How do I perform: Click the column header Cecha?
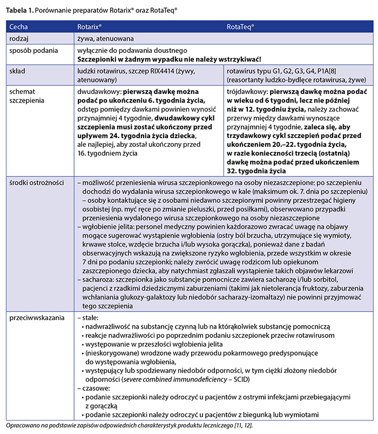click(20, 25)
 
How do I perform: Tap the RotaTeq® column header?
click(241, 25)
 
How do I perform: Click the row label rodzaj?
click(21, 39)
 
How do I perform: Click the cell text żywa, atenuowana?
click(106, 39)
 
